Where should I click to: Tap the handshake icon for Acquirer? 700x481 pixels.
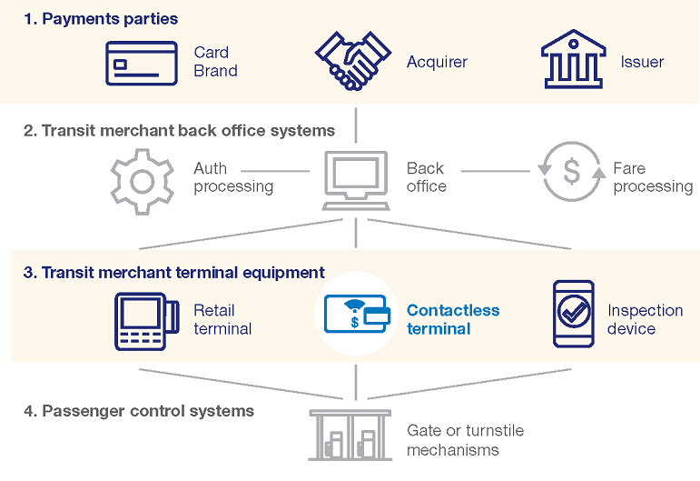[x=352, y=61]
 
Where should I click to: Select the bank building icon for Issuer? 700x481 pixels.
[x=573, y=61]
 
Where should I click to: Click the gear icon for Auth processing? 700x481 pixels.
[x=141, y=178]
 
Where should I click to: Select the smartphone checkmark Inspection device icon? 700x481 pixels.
[x=573, y=315]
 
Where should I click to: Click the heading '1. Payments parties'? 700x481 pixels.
[x=101, y=19]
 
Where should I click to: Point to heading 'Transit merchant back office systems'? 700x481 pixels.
[x=179, y=131]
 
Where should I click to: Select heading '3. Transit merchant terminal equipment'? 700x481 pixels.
[x=173, y=272]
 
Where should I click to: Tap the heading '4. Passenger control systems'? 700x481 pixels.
[x=138, y=411]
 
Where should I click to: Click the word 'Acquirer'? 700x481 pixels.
[x=437, y=63]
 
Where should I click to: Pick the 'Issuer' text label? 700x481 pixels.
[x=642, y=63]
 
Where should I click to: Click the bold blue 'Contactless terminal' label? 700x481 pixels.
[x=453, y=319]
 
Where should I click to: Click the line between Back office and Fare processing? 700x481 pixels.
[x=495, y=170]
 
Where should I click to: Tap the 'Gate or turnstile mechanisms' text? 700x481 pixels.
[x=465, y=440]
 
